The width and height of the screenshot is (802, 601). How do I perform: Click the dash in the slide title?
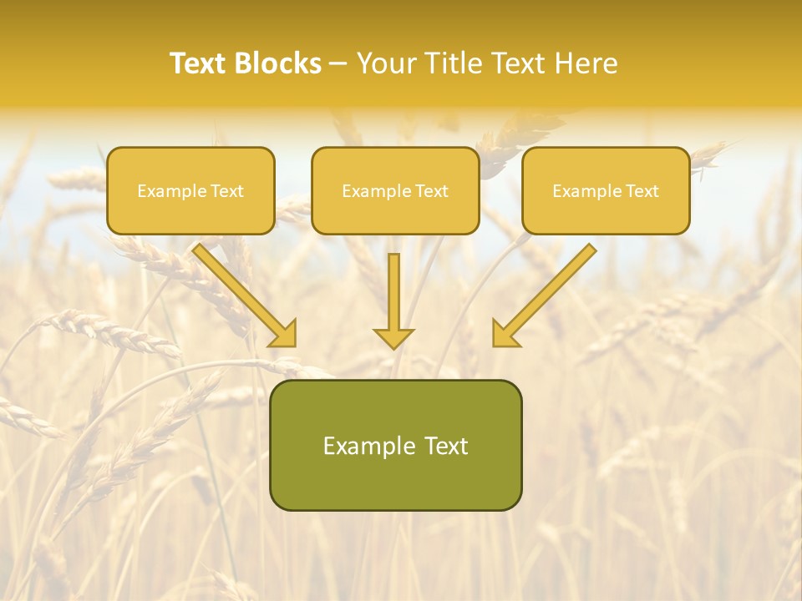(x=339, y=64)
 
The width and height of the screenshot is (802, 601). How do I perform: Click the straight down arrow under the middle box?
(x=393, y=292)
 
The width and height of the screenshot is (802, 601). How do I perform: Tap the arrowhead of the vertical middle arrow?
(x=393, y=338)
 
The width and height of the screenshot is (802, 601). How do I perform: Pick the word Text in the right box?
(x=642, y=191)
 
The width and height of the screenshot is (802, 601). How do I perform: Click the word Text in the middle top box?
(x=431, y=191)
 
